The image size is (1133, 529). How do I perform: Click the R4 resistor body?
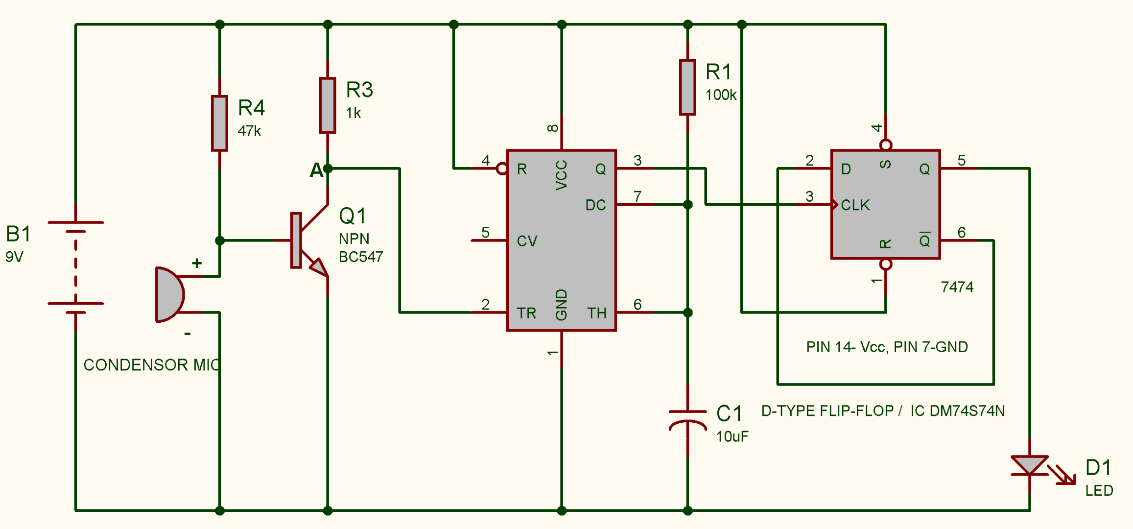[x=219, y=123]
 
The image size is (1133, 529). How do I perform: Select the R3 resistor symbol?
[x=327, y=105]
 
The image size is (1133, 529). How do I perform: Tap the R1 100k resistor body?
[x=687, y=88]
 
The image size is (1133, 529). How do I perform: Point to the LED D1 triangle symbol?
[x=1029, y=465]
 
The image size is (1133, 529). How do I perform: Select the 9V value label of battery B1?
[x=14, y=257]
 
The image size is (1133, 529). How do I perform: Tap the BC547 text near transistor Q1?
[x=361, y=257]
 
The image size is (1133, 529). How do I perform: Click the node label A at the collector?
[x=316, y=170]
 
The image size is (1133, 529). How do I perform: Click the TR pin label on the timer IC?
[x=526, y=313]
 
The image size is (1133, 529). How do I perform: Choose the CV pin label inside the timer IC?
[x=527, y=241]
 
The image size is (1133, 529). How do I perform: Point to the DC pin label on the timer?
[x=595, y=205]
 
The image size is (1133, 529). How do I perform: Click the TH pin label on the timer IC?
[x=596, y=313]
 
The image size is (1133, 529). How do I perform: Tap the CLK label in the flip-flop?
[x=855, y=205]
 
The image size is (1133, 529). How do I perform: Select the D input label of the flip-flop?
[x=846, y=169]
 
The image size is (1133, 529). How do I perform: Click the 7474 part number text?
[x=957, y=287]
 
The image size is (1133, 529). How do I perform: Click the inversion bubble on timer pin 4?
[x=501, y=169]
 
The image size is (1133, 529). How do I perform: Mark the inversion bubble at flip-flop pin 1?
[x=885, y=264]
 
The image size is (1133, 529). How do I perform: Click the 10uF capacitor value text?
[x=732, y=436]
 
